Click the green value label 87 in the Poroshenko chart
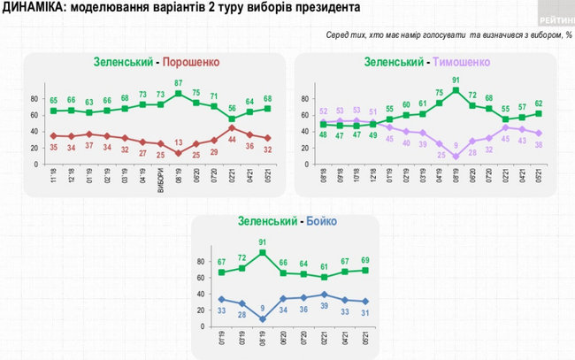tap(179, 83)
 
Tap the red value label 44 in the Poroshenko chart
tap(233, 140)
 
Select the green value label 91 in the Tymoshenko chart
tap(456, 80)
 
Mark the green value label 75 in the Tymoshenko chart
tap(439, 93)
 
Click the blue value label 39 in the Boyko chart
tap(323, 306)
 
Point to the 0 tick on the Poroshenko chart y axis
tap(38, 165)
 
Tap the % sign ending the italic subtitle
tap(570, 34)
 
